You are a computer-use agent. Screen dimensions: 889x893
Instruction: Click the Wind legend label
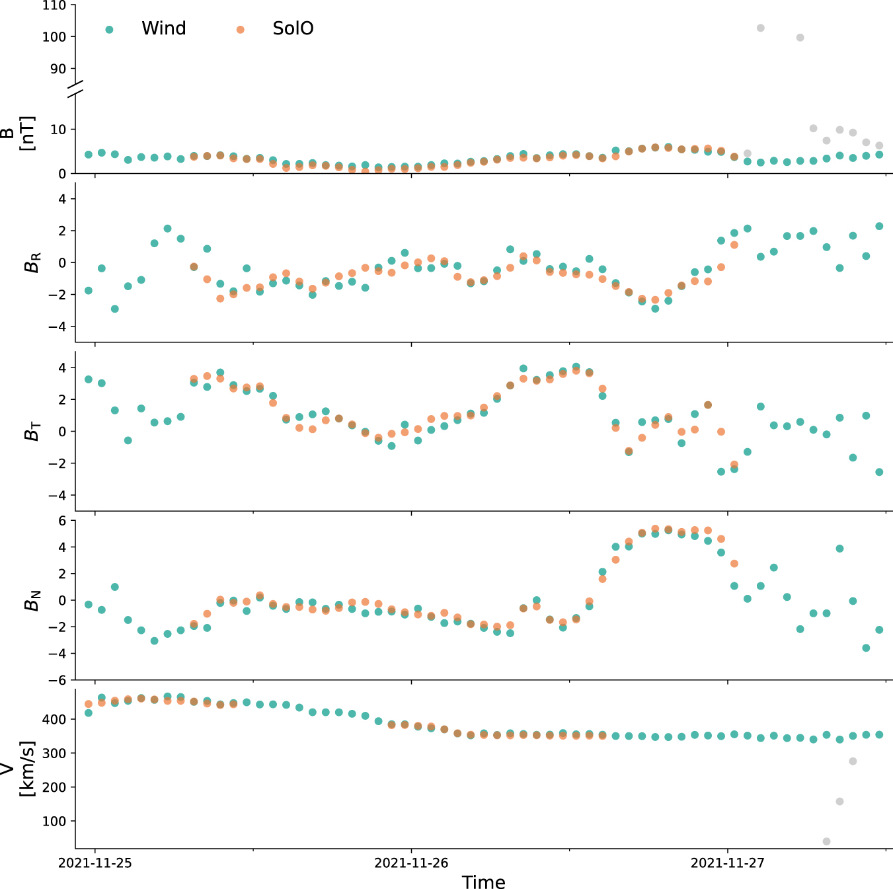coord(163,28)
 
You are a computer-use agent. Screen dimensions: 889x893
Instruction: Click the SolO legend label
coord(293,28)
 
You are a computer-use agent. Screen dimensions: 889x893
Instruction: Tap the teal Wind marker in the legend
coord(110,29)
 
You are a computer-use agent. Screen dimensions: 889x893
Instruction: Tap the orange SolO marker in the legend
coord(241,29)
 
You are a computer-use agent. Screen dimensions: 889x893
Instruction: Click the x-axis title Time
coord(483,882)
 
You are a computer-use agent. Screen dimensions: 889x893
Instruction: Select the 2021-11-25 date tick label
coord(95,863)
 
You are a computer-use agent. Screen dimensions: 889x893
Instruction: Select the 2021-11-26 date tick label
coord(411,863)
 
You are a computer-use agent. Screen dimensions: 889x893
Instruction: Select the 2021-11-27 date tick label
coord(728,863)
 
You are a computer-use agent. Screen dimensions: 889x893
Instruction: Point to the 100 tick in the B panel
coord(54,37)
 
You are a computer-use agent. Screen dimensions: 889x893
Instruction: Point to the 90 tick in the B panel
coord(58,69)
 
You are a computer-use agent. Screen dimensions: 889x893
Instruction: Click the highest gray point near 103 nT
coord(761,28)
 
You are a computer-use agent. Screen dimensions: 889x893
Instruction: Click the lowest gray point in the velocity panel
coord(826,841)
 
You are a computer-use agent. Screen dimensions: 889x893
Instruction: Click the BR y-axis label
coord(32,262)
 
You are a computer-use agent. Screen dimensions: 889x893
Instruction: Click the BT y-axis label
coord(32,431)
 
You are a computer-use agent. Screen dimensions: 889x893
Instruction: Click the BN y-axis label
coord(32,599)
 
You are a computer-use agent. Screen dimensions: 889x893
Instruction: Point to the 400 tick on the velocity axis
coord(54,719)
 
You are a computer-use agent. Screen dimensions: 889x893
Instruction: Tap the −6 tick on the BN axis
coord(58,680)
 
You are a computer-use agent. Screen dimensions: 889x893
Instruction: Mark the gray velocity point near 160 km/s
coord(839,801)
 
